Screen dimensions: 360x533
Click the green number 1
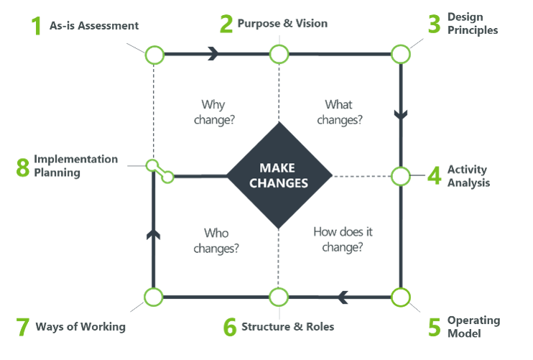click(x=36, y=26)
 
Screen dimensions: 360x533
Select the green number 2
click(x=227, y=24)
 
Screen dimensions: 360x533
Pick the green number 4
click(x=434, y=176)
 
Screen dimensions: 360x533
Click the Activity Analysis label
click(x=468, y=176)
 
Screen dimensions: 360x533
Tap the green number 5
click(x=434, y=326)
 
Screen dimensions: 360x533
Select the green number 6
click(x=229, y=326)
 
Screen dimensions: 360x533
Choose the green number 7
click(x=22, y=326)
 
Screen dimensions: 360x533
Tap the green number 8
click(x=22, y=167)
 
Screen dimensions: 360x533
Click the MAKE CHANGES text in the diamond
click(x=279, y=175)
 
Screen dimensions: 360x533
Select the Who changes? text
click(x=215, y=240)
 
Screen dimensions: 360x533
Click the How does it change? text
click(x=343, y=240)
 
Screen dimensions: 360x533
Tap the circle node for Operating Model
click(x=400, y=296)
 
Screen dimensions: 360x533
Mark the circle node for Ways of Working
click(x=154, y=296)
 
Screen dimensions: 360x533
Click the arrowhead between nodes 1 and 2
click(x=213, y=54)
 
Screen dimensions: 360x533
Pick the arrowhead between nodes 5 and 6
click(x=343, y=296)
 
